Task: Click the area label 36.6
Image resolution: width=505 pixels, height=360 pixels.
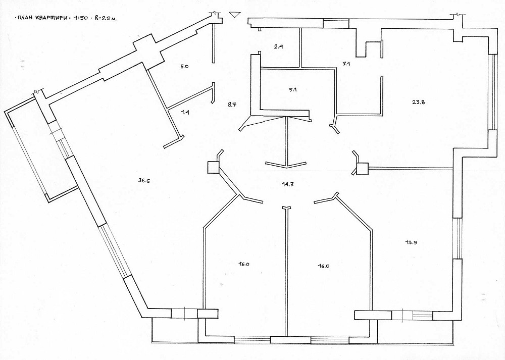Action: (x=144, y=181)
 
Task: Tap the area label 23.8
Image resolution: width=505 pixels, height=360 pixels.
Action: (x=418, y=102)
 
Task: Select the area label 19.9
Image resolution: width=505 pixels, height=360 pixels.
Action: (x=411, y=243)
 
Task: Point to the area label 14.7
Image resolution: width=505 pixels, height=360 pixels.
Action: (x=287, y=184)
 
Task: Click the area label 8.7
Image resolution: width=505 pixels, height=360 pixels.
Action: (x=232, y=105)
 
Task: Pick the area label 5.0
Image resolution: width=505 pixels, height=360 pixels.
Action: (x=184, y=67)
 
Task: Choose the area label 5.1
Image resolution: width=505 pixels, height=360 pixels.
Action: (x=293, y=90)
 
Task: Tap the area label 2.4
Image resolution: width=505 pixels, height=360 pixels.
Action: (x=279, y=46)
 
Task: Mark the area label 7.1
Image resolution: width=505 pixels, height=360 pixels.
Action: (x=346, y=64)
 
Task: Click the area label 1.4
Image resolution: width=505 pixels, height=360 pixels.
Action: (x=184, y=113)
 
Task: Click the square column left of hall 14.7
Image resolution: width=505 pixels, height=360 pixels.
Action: (x=213, y=167)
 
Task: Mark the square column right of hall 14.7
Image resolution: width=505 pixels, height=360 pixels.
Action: (x=362, y=169)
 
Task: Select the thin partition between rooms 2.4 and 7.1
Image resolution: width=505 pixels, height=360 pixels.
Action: (x=300, y=48)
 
